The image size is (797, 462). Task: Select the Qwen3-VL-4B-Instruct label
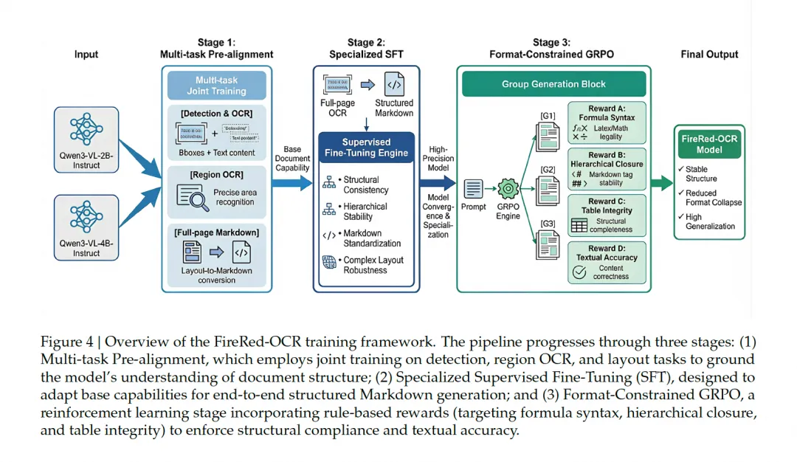(x=86, y=247)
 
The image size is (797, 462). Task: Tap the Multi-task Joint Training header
(x=216, y=85)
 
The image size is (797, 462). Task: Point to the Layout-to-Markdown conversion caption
(x=216, y=275)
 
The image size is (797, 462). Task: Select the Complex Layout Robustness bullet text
(x=372, y=265)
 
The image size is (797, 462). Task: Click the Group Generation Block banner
(x=554, y=84)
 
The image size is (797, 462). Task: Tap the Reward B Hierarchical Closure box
(x=607, y=169)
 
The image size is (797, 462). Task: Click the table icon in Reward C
(x=579, y=224)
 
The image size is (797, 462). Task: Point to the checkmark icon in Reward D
(x=579, y=272)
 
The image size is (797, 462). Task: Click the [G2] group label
(x=548, y=169)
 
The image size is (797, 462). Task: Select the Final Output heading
(x=710, y=55)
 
